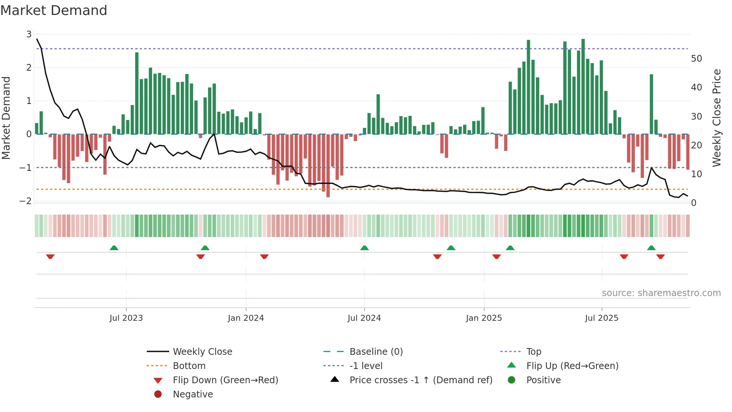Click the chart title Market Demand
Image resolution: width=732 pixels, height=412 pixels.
click(54, 10)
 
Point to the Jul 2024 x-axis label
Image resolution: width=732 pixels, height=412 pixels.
click(364, 318)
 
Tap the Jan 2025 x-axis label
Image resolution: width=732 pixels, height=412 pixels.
click(484, 318)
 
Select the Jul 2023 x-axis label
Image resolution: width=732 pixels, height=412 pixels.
click(126, 318)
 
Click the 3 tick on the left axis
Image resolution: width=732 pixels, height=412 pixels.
click(29, 34)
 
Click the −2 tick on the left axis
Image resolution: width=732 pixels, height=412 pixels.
click(25, 201)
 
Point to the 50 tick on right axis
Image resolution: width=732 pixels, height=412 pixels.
click(696, 59)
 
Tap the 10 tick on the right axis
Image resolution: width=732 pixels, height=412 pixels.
click(696, 174)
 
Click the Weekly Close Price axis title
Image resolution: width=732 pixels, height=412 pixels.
click(716, 118)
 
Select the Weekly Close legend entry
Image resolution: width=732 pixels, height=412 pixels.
click(202, 351)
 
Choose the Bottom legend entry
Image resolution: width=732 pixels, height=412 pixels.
click(189, 366)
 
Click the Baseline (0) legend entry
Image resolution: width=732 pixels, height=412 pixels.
click(376, 351)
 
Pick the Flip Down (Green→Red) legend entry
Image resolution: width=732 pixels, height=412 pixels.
click(225, 380)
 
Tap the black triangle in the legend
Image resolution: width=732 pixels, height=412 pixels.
click(335, 379)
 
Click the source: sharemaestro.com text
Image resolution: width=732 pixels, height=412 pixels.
click(661, 293)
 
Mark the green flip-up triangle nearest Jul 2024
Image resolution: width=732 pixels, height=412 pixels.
click(365, 248)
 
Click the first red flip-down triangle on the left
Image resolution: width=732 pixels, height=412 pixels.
click(50, 256)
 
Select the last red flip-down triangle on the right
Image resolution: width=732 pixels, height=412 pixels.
click(660, 256)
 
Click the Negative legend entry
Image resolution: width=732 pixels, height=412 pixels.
click(193, 394)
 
